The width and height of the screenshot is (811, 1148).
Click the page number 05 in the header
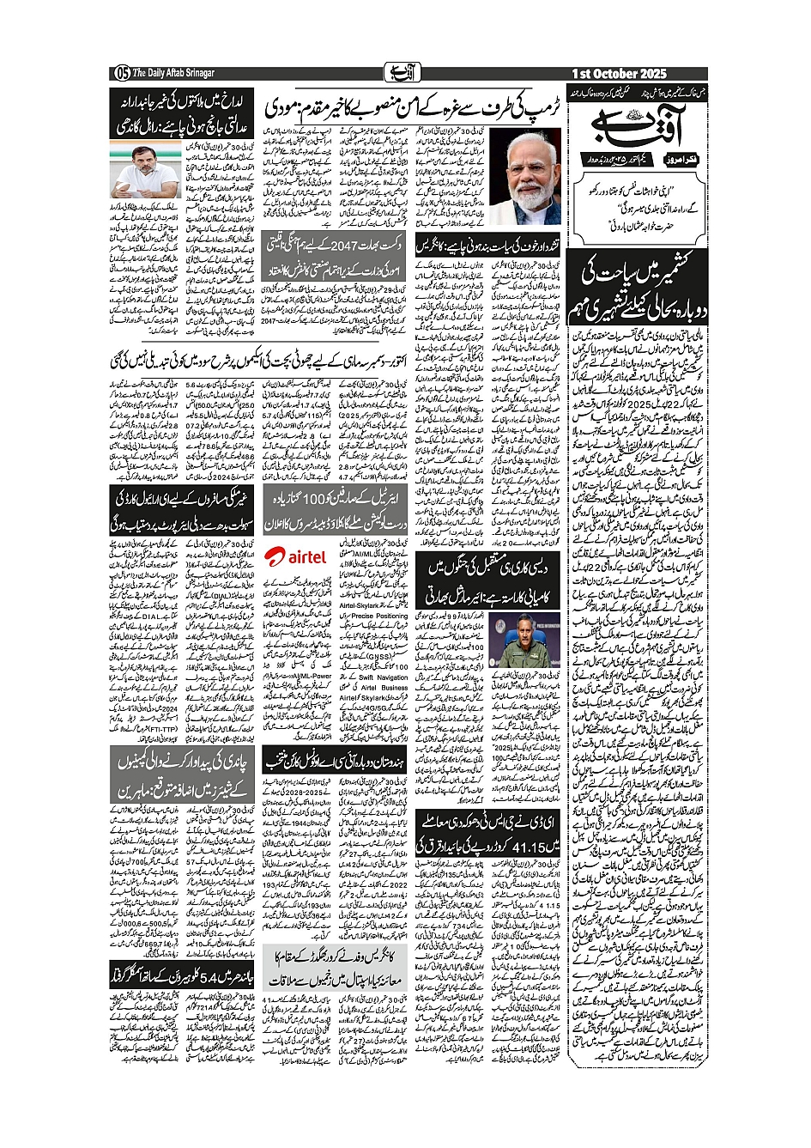(121, 73)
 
